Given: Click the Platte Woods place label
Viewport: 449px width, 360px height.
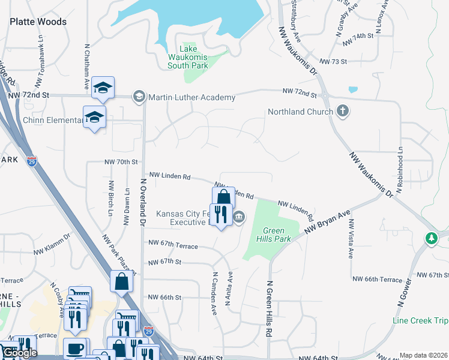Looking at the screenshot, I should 38,22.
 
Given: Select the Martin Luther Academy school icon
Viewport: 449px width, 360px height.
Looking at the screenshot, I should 139,96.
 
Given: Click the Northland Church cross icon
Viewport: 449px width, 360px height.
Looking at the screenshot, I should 342,111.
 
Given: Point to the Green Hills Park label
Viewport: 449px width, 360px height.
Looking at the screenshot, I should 277,235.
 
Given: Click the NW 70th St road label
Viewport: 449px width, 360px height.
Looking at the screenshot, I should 121,162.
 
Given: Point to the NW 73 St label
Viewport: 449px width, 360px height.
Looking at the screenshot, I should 334,62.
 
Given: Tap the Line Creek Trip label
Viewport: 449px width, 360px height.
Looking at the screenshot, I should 420,320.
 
